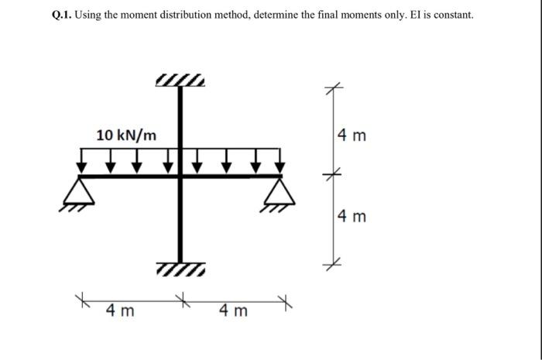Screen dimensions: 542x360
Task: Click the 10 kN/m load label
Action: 125,135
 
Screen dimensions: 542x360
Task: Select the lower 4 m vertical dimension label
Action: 352,215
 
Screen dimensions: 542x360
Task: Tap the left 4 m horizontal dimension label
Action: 120,311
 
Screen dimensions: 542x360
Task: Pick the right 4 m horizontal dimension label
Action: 233,311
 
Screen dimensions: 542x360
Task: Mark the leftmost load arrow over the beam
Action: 82,163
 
